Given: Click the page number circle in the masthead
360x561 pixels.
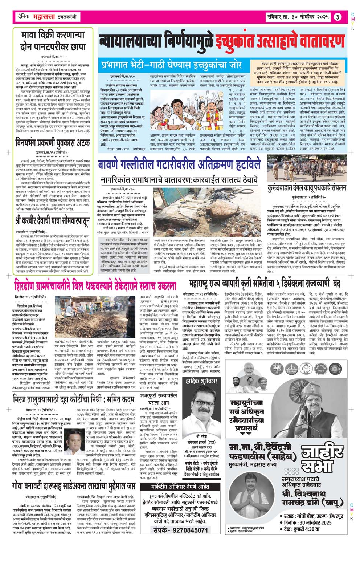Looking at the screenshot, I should (x=337, y=17).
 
